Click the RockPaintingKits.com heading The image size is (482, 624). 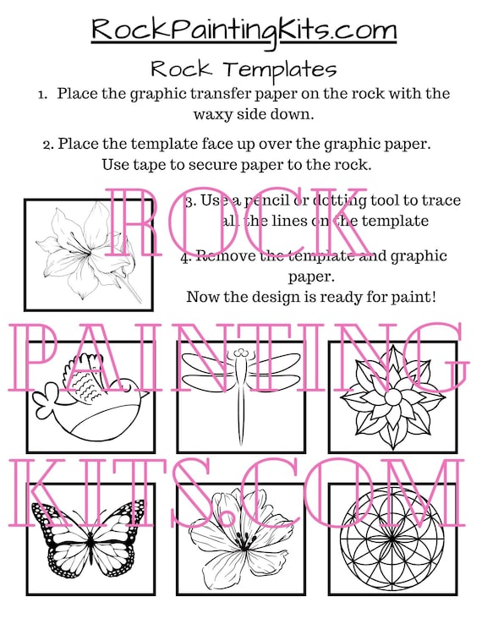point(244,30)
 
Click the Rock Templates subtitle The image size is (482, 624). point(244,68)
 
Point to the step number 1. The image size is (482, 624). point(42,93)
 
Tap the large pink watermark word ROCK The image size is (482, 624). point(241,222)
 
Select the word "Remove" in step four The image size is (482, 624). point(226,255)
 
